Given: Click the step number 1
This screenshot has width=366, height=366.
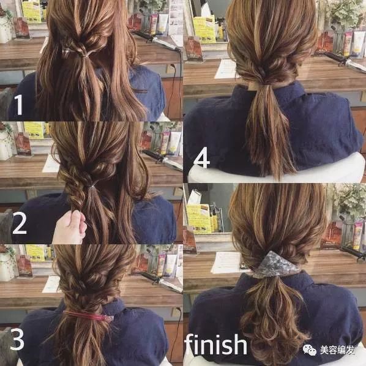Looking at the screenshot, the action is tap(19, 105).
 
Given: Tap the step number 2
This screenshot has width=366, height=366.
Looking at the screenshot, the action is tap(20, 224).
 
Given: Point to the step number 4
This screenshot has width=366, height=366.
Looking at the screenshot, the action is tap(201, 157).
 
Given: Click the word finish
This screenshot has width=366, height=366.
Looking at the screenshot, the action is tap(215, 345).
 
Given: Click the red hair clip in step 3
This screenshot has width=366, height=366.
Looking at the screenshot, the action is tap(88, 316).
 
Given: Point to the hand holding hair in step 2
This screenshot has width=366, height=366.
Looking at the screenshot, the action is tap(70, 227).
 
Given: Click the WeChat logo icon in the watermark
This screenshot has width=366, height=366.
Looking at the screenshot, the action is tap(310, 349).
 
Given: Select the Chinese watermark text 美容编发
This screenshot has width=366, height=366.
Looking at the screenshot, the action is tap(337, 350).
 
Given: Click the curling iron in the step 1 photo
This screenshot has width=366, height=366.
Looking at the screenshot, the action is tap(158, 41).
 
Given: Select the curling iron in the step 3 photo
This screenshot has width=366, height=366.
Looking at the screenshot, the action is tap(162, 282).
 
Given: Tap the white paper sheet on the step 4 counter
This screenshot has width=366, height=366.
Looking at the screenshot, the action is tap(226, 69).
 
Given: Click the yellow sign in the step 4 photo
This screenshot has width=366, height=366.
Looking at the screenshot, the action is tap(204, 29).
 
